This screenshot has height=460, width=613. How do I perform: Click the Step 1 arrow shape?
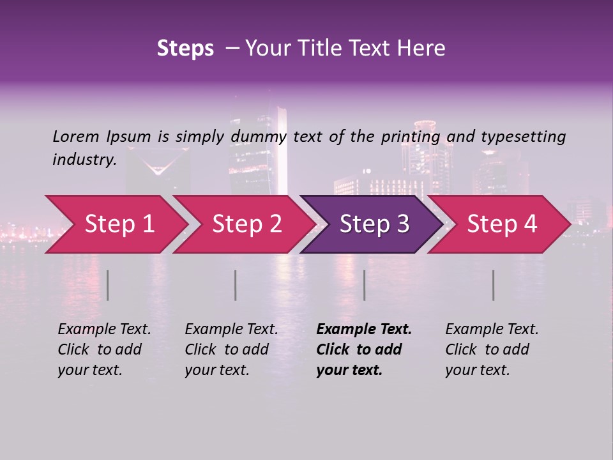click(115, 224)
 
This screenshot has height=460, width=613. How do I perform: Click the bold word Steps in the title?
click(185, 49)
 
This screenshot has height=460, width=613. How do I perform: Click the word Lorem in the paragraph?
click(76, 137)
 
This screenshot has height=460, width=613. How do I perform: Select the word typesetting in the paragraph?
click(523, 137)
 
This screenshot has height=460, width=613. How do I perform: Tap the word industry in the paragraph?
click(84, 159)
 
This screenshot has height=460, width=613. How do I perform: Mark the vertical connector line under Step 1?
click(108, 285)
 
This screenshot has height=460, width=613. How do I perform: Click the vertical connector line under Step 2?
click(236, 285)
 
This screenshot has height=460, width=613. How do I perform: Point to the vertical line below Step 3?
click(365, 285)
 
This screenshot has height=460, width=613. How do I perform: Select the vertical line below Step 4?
click(494, 285)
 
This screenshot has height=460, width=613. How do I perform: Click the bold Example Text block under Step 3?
click(364, 349)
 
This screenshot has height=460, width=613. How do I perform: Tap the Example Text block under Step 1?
click(104, 349)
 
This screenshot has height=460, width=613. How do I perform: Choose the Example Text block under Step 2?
click(231, 349)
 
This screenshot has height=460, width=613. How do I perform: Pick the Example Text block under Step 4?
click(492, 349)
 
